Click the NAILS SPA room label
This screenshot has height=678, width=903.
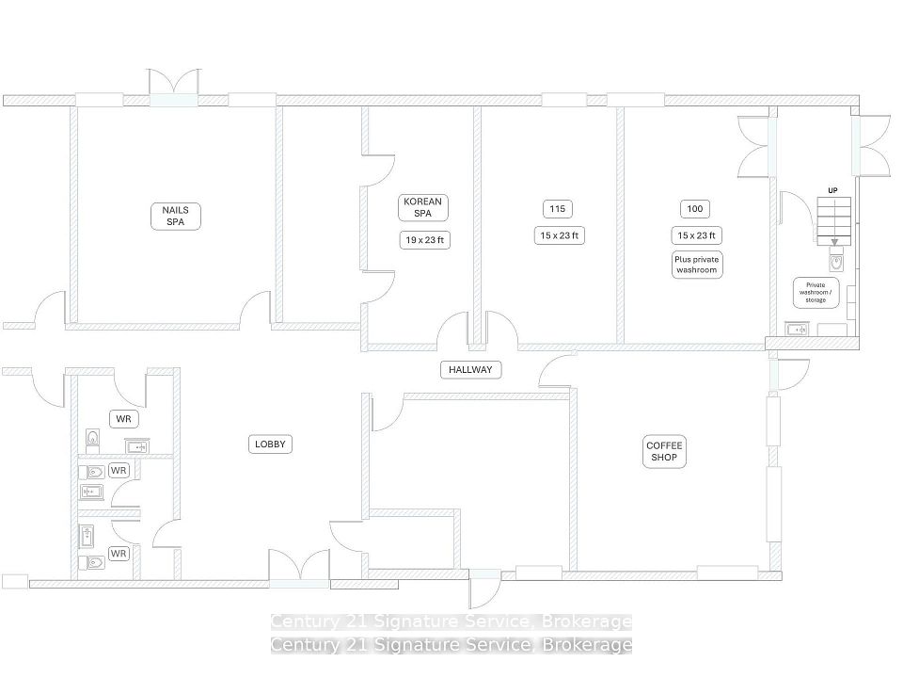click(176, 217)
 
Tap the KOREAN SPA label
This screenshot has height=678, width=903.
click(422, 207)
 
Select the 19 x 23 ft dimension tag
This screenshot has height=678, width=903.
click(424, 240)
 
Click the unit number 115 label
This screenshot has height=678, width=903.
click(558, 209)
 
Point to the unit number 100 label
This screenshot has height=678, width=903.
click(695, 209)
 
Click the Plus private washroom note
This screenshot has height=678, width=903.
click(697, 265)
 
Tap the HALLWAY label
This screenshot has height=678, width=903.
click(470, 369)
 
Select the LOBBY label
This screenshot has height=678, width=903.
click(270, 444)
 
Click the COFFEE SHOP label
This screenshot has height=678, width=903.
click(664, 451)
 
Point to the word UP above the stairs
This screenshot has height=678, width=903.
click(832, 190)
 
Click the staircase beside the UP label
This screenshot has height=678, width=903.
click(834, 220)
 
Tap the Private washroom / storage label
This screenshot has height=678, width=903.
click(816, 292)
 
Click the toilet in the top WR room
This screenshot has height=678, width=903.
click(93, 441)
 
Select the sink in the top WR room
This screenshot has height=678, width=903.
click(137, 445)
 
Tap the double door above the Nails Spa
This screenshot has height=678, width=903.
click(174, 88)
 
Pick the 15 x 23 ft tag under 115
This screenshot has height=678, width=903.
click(559, 235)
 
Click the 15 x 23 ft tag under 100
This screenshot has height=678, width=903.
click(696, 235)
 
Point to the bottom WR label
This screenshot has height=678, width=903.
click(119, 554)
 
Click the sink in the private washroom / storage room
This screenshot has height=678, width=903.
click(797, 330)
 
